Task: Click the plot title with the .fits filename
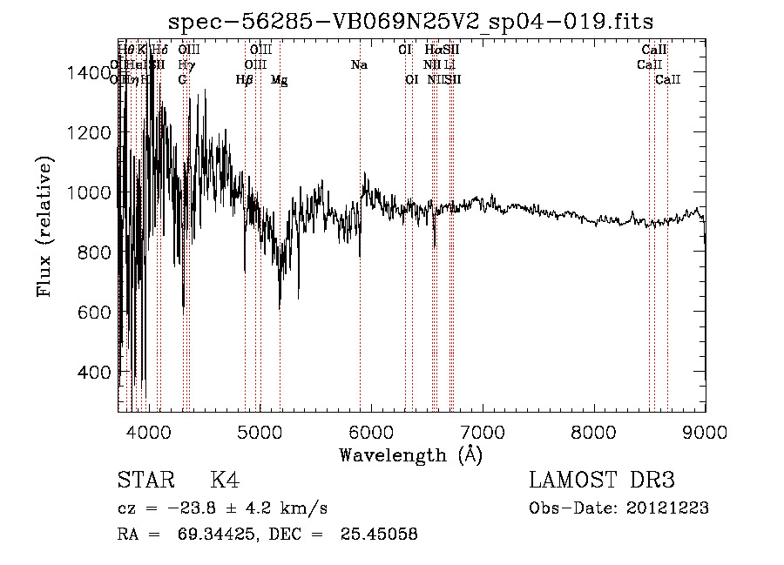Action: pyautogui.click(x=411, y=20)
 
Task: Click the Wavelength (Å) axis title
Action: pyautogui.click(x=410, y=454)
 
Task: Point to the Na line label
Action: pyautogui.click(x=359, y=65)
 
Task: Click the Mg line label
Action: pyautogui.click(x=279, y=80)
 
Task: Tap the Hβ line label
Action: pyautogui.click(x=245, y=80)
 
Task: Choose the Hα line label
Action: pyautogui.click(x=433, y=50)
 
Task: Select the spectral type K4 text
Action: pyautogui.click(x=224, y=481)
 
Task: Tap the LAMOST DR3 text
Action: pyautogui.click(x=601, y=481)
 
